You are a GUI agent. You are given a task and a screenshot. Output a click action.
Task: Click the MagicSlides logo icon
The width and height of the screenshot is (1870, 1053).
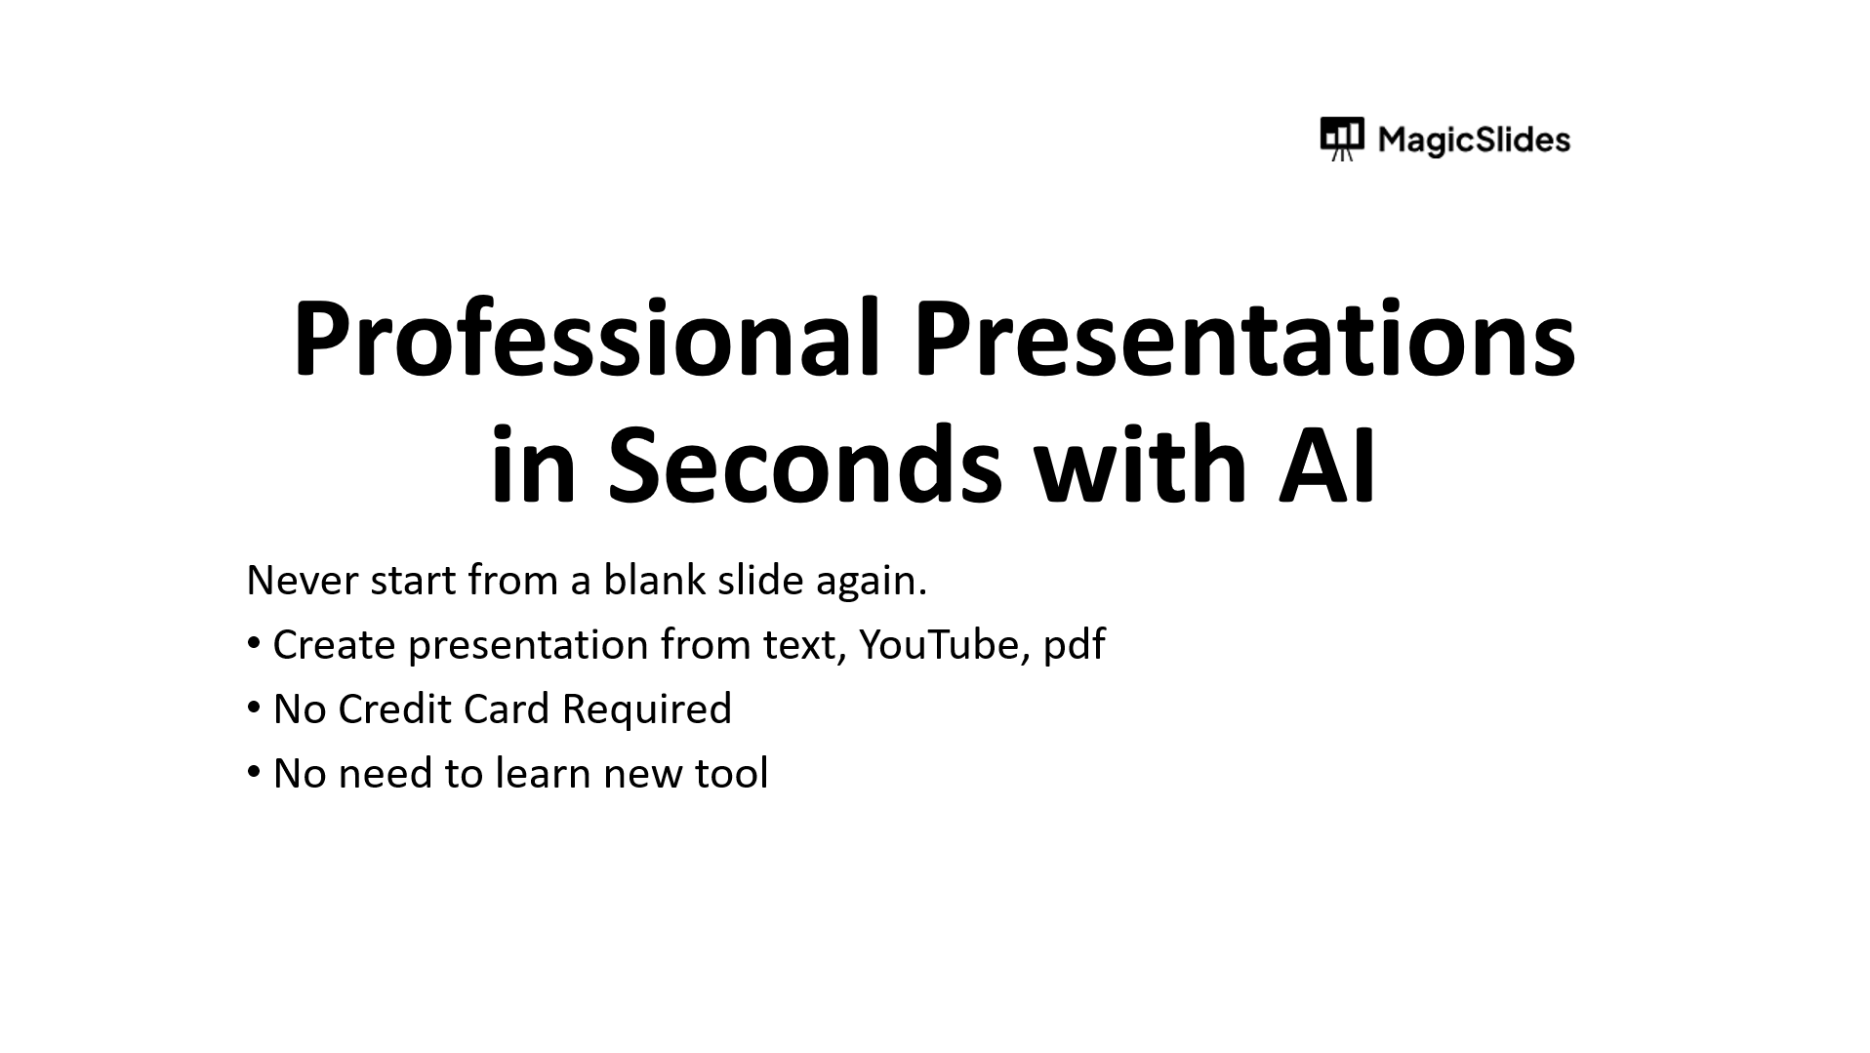[1342, 139]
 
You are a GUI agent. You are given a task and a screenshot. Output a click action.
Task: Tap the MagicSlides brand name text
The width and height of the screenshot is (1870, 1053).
[1474, 140]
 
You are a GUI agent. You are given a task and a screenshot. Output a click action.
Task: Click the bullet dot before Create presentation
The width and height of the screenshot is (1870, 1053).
[254, 642]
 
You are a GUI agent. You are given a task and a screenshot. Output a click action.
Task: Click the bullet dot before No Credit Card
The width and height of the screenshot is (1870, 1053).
[254, 707]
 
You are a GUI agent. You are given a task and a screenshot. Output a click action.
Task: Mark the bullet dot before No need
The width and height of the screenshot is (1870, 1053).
[254, 771]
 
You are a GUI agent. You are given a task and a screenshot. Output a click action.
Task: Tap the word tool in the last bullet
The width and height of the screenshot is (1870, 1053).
[731, 773]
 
